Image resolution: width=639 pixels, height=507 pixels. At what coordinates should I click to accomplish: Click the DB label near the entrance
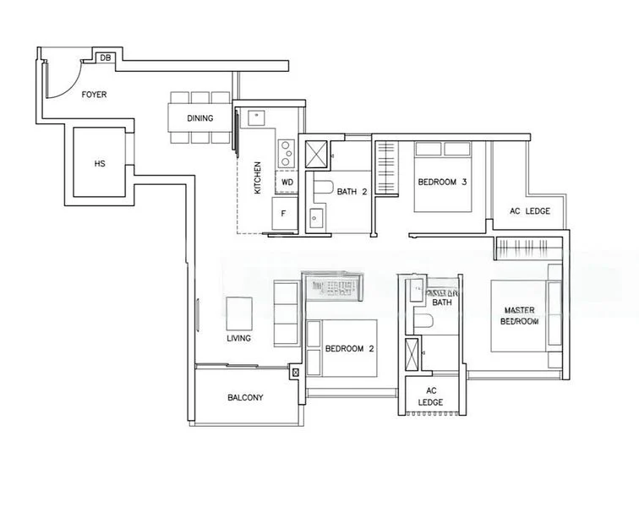point(106,57)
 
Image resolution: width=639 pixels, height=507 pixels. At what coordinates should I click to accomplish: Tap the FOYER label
point(94,95)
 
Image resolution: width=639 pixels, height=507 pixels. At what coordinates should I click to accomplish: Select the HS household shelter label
point(101,164)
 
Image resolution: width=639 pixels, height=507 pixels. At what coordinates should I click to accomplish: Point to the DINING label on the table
point(200,118)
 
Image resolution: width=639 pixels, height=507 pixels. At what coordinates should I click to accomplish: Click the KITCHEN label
point(258,178)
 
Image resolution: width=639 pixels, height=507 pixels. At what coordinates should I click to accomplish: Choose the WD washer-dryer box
point(287,182)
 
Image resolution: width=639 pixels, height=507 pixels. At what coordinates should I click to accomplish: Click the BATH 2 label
point(352,192)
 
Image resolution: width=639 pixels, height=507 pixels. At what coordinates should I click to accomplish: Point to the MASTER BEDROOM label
point(519,315)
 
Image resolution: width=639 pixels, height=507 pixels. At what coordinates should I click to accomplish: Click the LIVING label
point(238,339)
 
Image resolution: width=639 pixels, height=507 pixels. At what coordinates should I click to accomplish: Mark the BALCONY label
point(245,397)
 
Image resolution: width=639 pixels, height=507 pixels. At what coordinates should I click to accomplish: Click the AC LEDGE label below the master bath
point(430,396)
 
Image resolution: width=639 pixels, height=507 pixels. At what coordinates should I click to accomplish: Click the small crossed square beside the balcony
point(295,372)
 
